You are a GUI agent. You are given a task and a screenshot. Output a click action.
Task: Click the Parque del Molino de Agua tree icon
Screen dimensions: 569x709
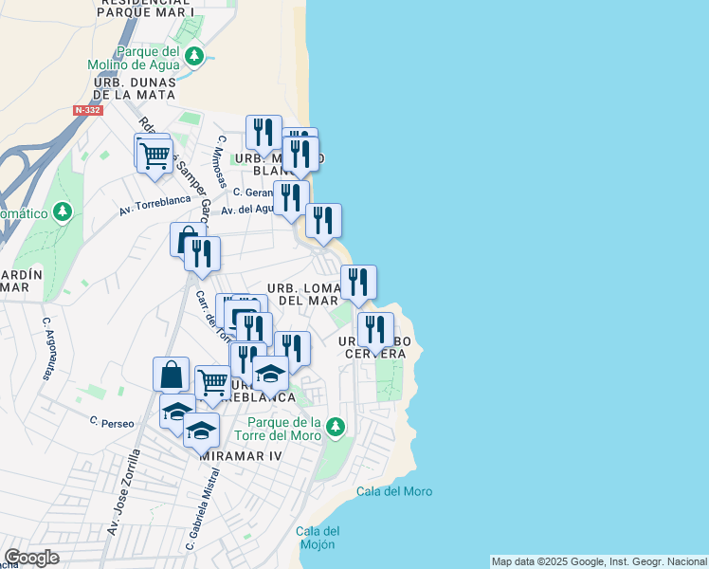tap(194, 57)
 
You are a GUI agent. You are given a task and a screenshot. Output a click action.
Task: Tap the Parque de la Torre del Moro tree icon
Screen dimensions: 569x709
tap(334, 429)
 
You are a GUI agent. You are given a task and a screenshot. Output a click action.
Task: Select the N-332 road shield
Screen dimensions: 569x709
tap(87, 111)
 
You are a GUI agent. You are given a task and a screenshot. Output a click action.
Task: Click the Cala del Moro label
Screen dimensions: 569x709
tap(394, 491)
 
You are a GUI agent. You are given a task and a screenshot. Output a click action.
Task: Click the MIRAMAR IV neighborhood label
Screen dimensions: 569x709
tap(242, 456)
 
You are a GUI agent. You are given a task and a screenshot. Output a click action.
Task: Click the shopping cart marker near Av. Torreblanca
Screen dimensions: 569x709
tap(155, 156)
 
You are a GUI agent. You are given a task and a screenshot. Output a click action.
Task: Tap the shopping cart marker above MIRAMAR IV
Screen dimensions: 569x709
tap(213, 382)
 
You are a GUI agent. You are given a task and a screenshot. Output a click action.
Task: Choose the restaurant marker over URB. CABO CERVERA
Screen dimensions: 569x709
tap(375, 330)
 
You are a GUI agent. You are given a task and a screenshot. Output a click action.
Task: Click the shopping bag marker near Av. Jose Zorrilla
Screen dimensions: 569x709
tap(171, 374)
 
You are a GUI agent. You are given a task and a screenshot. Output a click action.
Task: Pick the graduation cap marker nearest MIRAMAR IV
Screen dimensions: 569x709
tap(201, 430)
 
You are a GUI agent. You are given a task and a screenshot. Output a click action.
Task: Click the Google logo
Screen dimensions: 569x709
tap(31, 558)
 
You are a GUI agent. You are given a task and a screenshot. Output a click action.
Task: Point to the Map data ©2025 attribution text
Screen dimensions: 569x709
tap(599, 561)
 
